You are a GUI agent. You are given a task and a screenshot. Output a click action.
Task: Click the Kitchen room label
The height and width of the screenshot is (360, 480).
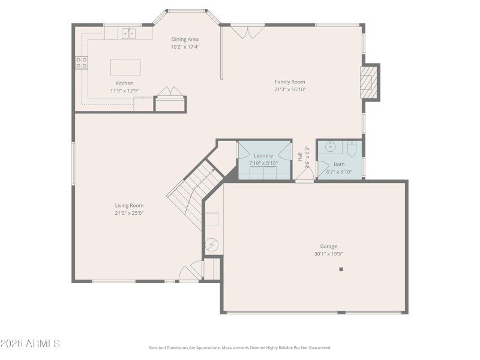[124, 83]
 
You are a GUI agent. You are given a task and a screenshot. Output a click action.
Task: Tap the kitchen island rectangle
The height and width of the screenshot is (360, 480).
[126, 67]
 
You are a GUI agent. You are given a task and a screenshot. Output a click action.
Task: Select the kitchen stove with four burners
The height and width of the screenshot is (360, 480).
[82, 63]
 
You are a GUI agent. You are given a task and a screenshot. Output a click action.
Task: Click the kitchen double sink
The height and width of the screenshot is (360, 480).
[129, 33]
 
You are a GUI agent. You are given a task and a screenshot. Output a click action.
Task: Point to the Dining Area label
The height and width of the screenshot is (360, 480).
[185, 39]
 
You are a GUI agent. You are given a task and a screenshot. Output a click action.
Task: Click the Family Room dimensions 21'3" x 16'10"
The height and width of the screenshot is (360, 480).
[290, 89]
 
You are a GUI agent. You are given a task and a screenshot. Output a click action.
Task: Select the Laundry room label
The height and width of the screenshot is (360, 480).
[263, 155]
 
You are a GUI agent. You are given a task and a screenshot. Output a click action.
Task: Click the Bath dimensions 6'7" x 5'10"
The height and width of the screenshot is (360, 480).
[339, 172]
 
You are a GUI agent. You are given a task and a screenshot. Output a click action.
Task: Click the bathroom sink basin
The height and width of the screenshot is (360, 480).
[329, 146]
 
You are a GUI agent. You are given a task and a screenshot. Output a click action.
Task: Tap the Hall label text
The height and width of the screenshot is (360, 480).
[300, 157]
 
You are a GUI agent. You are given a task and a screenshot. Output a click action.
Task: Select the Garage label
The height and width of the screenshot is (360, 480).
[328, 246]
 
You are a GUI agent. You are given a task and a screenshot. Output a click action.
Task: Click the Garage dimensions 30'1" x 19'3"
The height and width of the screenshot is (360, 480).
[328, 254]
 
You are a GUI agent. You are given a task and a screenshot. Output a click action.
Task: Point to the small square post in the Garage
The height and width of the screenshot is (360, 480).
[341, 269]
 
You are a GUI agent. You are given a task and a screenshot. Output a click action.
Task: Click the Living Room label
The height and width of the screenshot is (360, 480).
[129, 205]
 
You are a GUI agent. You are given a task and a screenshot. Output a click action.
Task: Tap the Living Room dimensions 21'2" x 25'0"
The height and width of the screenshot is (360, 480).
[129, 213]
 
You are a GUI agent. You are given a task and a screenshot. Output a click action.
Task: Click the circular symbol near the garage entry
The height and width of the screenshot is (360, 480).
[212, 245]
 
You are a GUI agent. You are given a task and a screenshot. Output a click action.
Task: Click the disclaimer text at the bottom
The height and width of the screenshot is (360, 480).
[240, 347]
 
